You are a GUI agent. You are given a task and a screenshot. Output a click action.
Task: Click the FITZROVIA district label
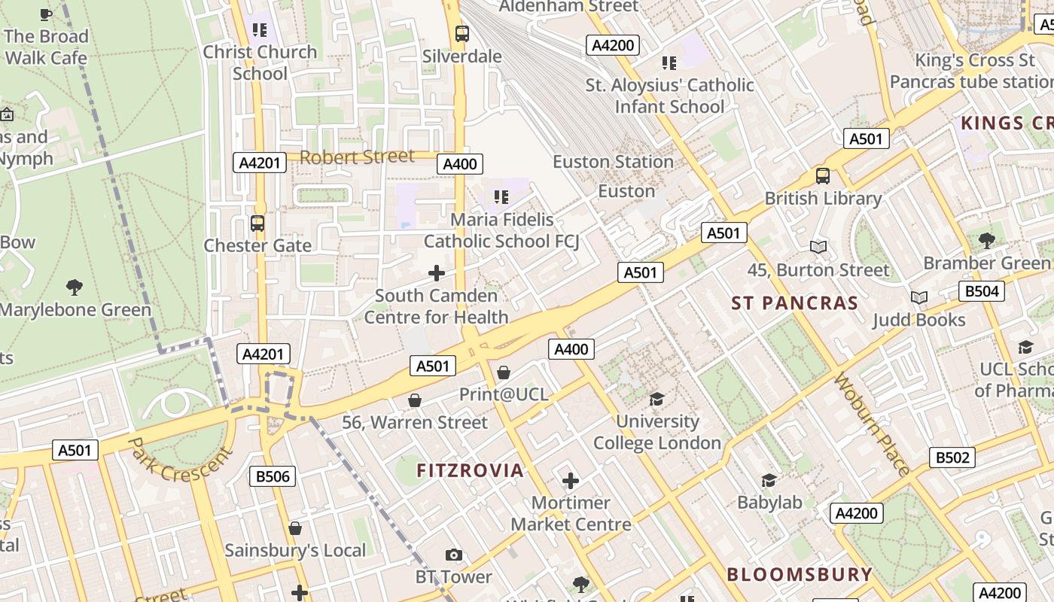(x=470, y=471)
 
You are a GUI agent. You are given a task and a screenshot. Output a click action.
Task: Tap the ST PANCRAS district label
(x=794, y=303)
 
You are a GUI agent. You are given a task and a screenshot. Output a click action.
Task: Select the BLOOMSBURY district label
(x=799, y=574)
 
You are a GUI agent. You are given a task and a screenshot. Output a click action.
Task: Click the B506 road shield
(x=273, y=476)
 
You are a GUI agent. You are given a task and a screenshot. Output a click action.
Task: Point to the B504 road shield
(x=981, y=291)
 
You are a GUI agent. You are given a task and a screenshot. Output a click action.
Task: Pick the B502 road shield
(x=952, y=458)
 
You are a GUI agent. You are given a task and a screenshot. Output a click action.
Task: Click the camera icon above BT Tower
(x=453, y=555)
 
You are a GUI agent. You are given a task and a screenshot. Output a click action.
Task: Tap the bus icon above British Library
(x=822, y=176)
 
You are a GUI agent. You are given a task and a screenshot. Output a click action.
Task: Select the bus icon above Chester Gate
(x=257, y=223)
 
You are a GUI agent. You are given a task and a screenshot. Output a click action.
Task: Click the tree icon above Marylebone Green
(x=74, y=287)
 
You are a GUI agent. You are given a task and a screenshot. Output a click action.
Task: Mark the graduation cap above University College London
(x=657, y=399)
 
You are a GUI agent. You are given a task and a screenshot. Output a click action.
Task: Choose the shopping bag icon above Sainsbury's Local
(x=295, y=528)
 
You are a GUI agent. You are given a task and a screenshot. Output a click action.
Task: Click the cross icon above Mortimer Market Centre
(x=571, y=480)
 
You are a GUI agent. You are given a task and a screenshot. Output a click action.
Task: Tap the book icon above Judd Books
(x=918, y=297)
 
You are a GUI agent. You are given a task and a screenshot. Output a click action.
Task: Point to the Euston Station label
(x=613, y=162)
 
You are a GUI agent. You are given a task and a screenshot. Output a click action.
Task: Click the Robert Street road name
(x=357, y=157)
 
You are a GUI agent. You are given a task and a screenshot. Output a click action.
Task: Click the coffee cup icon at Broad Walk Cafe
(x=46, y=14)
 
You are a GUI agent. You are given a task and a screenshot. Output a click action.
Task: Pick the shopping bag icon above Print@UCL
(x=504, y=372)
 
